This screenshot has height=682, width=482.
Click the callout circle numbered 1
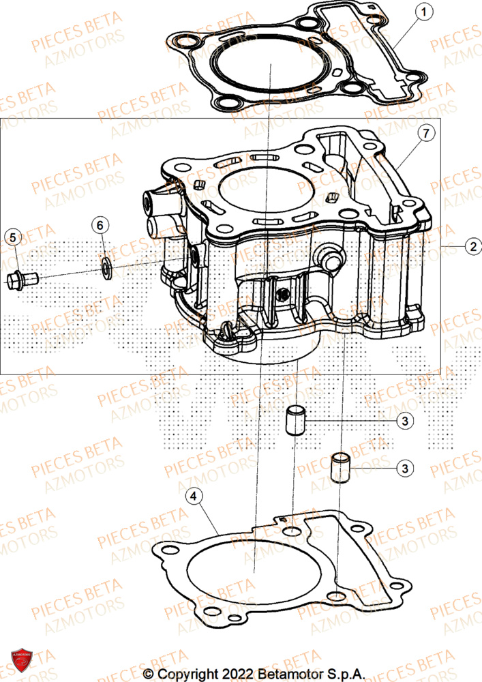click(423, 12)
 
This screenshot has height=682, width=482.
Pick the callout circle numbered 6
click(100, 224)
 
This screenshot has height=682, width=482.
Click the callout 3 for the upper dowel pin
click(405, 421)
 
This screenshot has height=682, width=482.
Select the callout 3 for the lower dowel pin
click(405, 468)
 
